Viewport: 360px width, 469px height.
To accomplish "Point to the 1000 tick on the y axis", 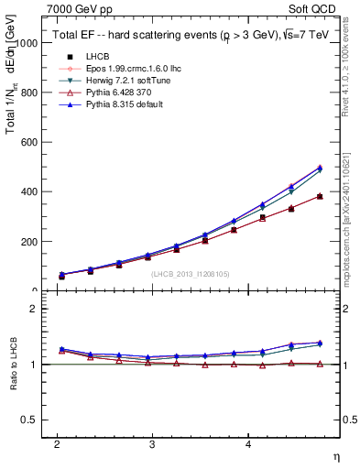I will click(27, 43).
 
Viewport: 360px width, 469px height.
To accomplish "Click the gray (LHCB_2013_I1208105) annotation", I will click(191, 274).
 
